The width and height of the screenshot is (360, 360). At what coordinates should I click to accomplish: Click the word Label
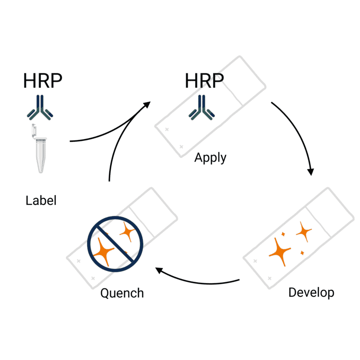point(41,200)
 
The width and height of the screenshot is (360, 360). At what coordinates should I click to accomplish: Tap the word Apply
point(210,158)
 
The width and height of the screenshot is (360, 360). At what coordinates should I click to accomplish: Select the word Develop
point(311,292)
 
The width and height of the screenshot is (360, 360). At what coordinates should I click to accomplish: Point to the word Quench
point(122,293)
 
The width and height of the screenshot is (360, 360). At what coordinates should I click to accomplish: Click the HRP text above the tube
point(42,81)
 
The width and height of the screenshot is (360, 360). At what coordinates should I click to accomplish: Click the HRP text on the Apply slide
point(204,81)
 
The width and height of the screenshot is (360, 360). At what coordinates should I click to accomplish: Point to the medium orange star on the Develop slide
point(304,231)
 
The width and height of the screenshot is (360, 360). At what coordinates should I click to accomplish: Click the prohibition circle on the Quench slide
point(115,244)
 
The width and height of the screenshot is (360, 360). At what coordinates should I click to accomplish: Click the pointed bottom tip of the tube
point(41,171)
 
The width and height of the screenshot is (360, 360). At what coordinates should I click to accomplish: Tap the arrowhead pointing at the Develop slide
point(311,171)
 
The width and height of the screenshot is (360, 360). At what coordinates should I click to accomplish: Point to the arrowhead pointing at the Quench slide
point(159,270)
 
